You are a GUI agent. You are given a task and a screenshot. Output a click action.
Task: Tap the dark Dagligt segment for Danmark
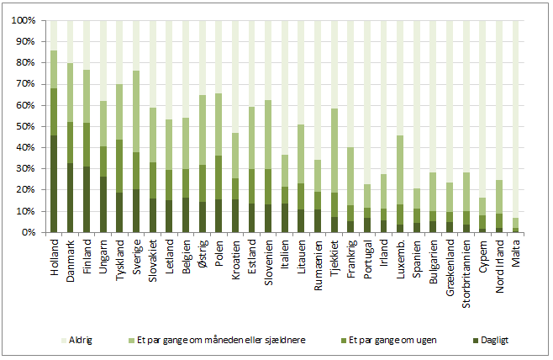point(70,198)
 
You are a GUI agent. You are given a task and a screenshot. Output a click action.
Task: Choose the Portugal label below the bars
point(367,256)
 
